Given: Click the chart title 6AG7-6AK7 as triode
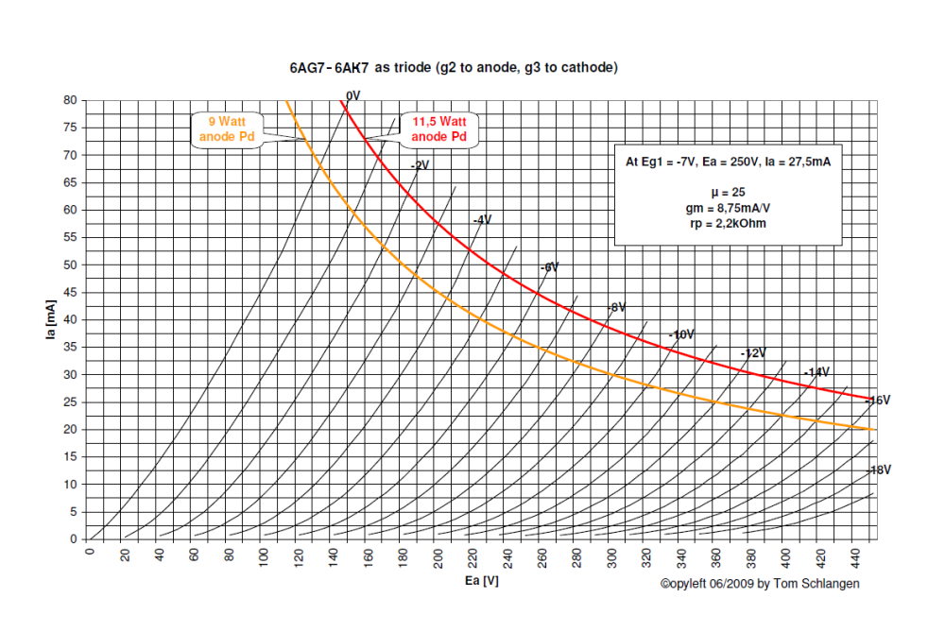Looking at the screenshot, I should pos(454,68).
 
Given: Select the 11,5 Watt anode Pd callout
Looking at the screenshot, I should pos(439,128).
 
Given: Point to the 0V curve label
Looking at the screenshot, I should pos(353,95).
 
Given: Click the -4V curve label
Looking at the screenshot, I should pos(482,219).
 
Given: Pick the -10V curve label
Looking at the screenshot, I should pos(681,334).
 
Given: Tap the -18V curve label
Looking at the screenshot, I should pos(879,470).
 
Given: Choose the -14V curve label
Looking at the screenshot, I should pos(816,372).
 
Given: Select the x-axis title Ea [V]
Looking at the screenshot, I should pos(482,581).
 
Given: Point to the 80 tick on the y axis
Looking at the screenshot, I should pos(71,99).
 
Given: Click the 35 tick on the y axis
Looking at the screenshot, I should pos(71,347).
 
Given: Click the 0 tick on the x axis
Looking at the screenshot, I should pos(92,552).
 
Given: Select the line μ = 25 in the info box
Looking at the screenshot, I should pos(726,191).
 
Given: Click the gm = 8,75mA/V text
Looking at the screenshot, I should pos(726,207).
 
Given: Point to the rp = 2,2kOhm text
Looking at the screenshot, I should pos(726,223).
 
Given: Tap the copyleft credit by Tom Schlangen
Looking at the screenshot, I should pos(760,584).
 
